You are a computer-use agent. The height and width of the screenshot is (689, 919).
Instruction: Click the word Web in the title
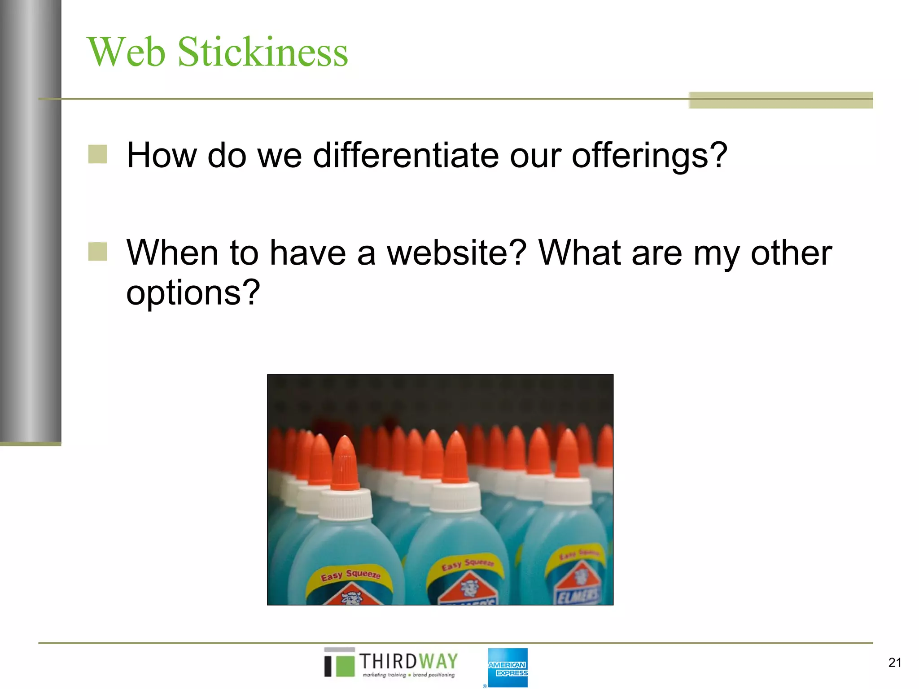tap(126, 52)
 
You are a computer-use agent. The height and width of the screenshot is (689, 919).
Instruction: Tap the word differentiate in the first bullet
tap(405, 156)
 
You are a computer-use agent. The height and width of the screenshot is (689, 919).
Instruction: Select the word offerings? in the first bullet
tap(649, 156)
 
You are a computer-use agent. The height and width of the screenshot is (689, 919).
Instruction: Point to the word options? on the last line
tap(193, 293)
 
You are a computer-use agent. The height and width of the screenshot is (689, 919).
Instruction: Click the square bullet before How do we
tap(97, 154)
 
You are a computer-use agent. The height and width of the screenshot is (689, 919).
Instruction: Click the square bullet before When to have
tap(97, 252)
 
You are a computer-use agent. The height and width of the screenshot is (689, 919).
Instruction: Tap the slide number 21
tap(894, 663)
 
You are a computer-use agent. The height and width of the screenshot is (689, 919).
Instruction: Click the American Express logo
tap(508, 668)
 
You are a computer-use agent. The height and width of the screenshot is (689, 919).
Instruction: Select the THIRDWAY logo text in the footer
tap(408, 662)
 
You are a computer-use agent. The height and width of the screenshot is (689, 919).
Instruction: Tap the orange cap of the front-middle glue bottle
tap(456, 458)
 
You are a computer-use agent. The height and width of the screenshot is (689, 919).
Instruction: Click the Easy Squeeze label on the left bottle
tap(350, 575)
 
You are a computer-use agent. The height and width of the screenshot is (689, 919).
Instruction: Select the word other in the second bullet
tap(791, 253)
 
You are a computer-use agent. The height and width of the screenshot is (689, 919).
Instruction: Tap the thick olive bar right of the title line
tap(780, 100)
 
